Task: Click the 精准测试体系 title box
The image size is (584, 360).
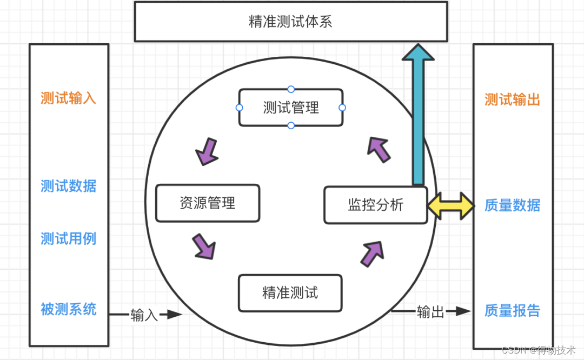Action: pos(290,22)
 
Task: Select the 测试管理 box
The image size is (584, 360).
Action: pos(290,108)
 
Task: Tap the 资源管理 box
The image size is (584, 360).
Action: pos(208,203)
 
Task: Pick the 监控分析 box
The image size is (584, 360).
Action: pos(375,205)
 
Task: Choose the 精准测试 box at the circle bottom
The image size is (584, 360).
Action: pos(290,293)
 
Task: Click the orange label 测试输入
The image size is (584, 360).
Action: pos(69,98)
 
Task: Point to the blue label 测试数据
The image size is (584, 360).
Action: pos(69,186)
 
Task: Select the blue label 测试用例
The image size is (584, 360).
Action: pos(69,238)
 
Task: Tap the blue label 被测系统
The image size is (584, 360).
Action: pos(69,309)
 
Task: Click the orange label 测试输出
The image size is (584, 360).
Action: pos(512,100)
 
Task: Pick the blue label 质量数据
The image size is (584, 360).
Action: pos(512,205)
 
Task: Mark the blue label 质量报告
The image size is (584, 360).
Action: pos(512,311)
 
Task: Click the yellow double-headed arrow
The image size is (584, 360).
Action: pos(450,206)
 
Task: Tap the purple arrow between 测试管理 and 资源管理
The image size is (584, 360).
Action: pos(207,151)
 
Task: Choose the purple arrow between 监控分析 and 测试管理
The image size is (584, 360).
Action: pos(379,149)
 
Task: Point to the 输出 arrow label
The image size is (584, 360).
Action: pos(430,312)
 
